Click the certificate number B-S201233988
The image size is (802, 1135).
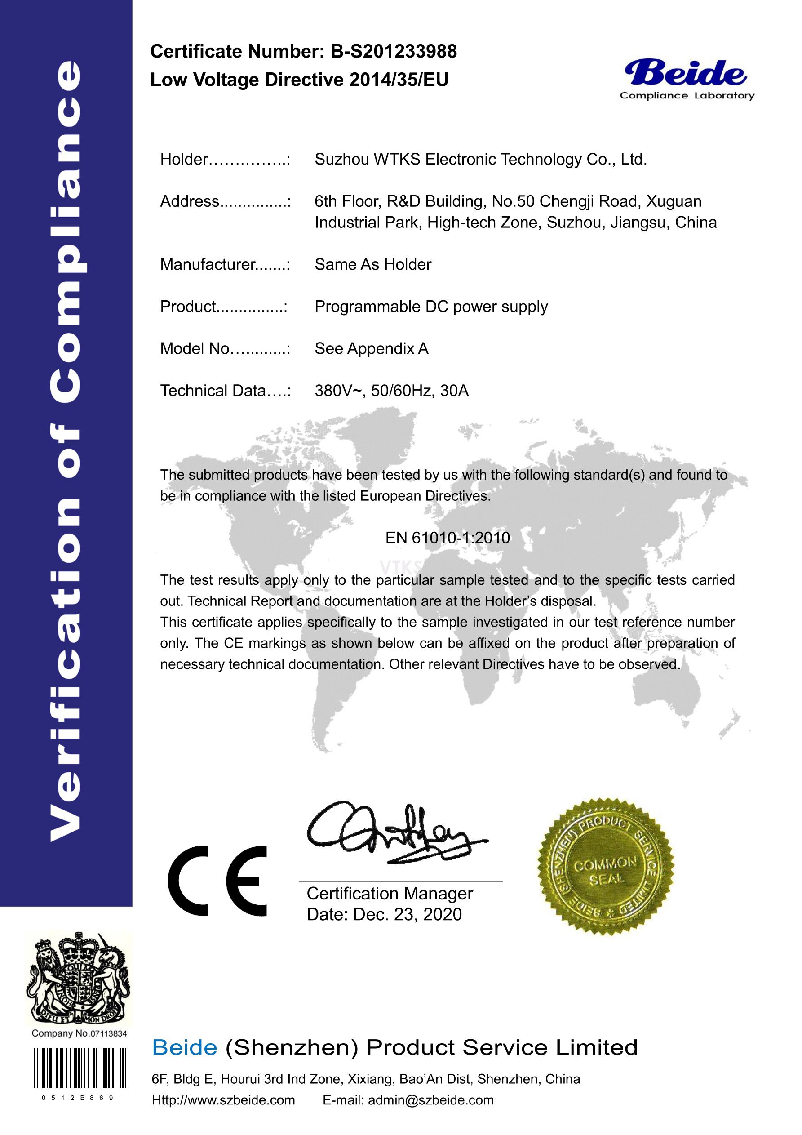(393, 51)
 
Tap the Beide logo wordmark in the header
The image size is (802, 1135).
(686, 73)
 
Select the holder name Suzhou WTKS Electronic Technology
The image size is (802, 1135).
(480, 160)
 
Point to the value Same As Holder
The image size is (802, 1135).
(372, 264)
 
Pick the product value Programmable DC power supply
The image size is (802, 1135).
(431, 307)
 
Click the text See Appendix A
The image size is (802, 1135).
(371, 349)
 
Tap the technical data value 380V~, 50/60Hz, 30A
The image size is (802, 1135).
(391, 391)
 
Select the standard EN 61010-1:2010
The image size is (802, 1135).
(447, 538)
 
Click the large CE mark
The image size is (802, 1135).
(217, 881)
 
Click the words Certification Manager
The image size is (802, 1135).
(390, 894)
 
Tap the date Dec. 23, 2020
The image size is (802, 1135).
(407, 915)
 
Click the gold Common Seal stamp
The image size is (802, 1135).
(606, 866)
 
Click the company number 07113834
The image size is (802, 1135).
(108, 1034)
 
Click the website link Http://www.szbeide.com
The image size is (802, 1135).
(223, 1100)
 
